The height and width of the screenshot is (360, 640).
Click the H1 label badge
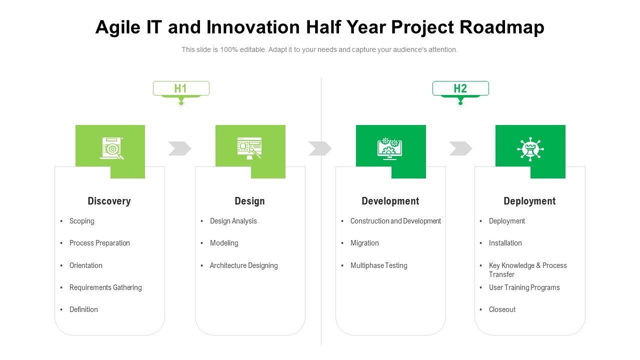click(181, 88)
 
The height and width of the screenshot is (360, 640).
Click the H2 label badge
click(460, 88)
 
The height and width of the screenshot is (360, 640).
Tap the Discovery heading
click(109, 201)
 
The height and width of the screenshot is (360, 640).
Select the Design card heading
click(249, 201)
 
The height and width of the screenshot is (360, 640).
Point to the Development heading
click(390, 201)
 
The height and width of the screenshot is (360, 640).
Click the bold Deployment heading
click(529, 201)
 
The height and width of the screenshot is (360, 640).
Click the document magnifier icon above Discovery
click(111, 148)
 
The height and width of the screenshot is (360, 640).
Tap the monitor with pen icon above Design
click(249, 148)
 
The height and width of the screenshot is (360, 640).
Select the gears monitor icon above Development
click(389, 148)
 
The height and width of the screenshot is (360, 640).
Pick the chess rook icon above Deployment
click(530, 149)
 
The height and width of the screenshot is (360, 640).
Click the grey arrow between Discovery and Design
click(179, 148)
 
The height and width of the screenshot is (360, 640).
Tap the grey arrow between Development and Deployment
click(460, 148)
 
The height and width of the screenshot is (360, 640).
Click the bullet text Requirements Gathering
click(105, 287)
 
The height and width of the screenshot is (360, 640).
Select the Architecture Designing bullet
click(243, 265)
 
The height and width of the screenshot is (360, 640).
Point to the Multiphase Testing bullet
click(379, 265)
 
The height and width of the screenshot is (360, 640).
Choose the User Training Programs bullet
click(524, 287)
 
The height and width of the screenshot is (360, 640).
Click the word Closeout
click(502, 309)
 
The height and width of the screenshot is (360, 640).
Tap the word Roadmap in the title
click(502, 27)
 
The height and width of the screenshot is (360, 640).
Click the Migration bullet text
click(364, 243)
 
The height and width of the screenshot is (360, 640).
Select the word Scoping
click(81, 221)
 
